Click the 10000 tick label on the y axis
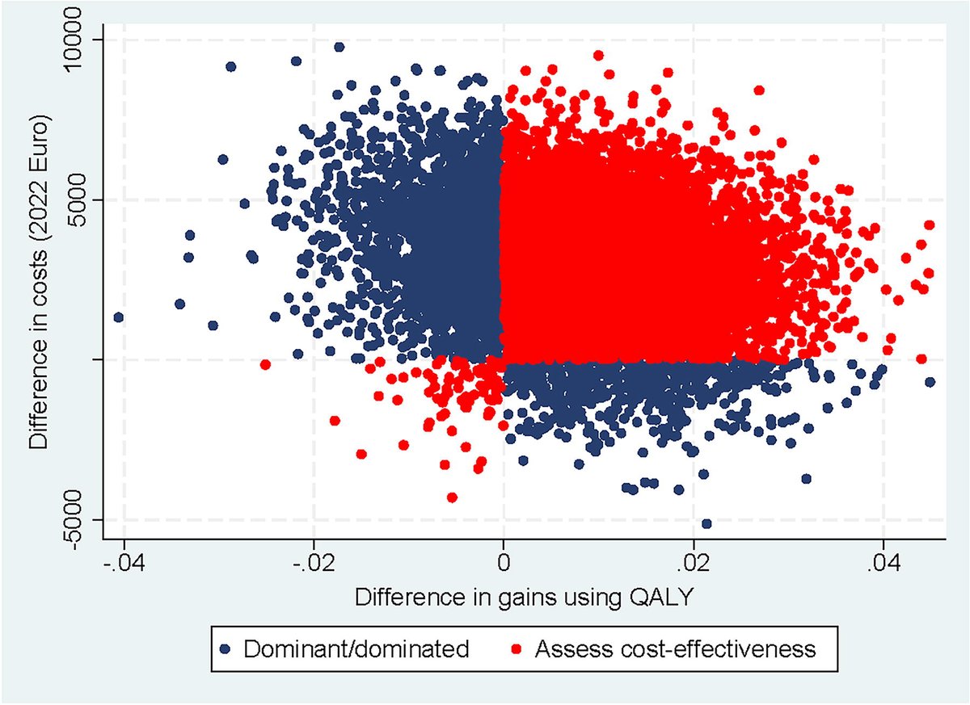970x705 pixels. (84, 40)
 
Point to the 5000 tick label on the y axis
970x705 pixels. (84, 199)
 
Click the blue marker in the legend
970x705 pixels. (230, 648)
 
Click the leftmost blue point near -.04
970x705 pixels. (119, 317)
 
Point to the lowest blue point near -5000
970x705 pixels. (706, 523)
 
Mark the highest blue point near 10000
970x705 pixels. (339, 47)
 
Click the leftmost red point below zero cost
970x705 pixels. (265, 364)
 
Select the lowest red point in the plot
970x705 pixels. (452, 497)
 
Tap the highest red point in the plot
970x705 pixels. (598, 55)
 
